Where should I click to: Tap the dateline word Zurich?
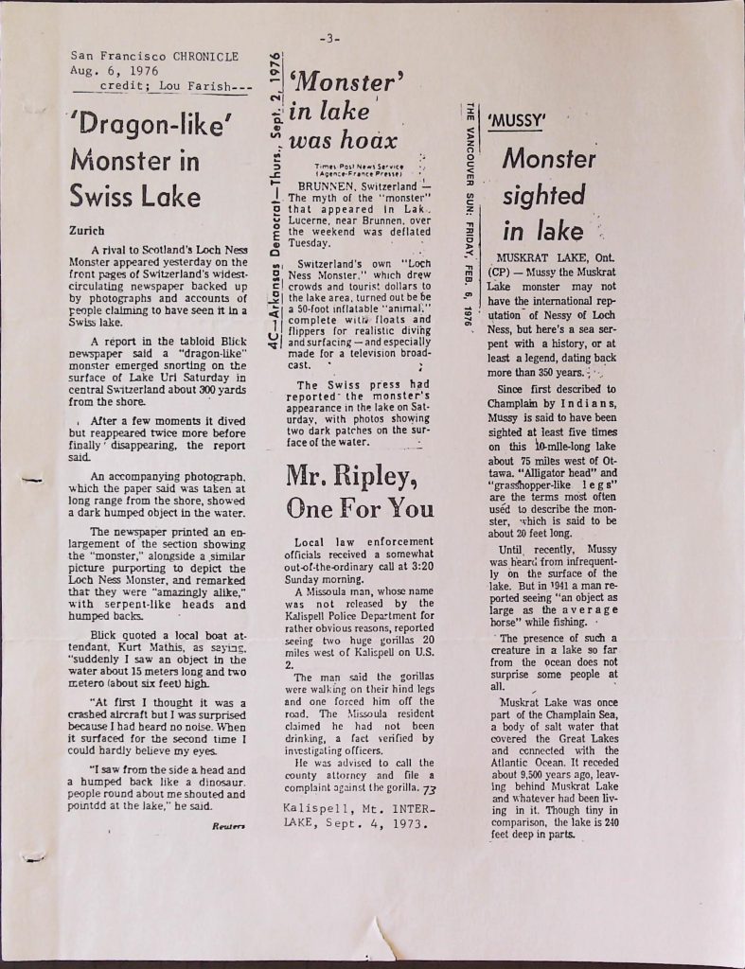point(89,230)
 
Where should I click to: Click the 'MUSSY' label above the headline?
point(516,121)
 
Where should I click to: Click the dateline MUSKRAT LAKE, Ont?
point(558,255)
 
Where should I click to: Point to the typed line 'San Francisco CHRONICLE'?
point(155,56)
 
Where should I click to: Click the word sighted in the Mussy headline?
point(543,196)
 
